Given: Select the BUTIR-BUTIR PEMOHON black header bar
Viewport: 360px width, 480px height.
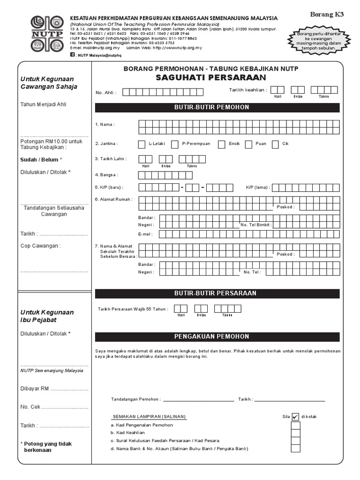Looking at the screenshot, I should pos(217,107).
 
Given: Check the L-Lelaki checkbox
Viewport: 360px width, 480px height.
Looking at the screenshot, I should pos(142,144).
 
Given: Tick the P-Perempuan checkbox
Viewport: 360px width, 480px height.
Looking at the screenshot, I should pos(175,144).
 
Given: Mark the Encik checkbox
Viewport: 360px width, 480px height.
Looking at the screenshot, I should pos(221,144).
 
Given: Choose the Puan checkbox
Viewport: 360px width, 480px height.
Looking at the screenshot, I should pos(248,144).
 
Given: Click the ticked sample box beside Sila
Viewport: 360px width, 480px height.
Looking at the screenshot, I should pos(295,417).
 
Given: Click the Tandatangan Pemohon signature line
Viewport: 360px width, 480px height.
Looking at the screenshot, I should pos(198,400).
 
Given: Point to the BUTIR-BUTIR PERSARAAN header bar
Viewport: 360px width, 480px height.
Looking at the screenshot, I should pos(217,293).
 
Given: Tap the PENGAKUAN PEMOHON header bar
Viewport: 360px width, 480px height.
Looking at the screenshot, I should pos(217,337).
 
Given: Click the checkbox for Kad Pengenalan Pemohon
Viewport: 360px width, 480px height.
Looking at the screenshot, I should pos(295,425).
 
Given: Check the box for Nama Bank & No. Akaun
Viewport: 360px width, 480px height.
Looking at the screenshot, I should pos(295,449).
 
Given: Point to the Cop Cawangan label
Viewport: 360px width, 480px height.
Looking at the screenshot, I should pos(41,246).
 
